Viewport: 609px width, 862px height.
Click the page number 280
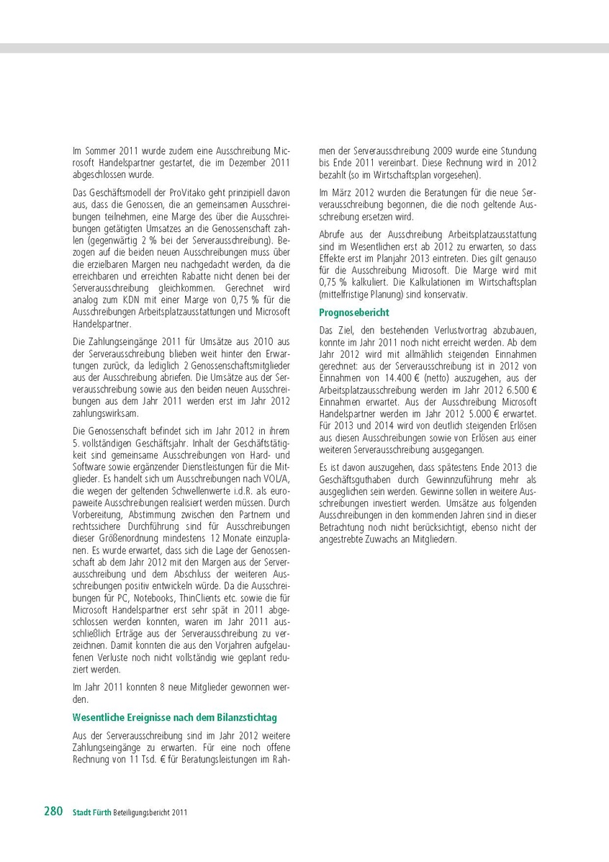click(x=53, y=811)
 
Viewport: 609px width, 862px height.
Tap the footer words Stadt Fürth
click(x=91, y=812)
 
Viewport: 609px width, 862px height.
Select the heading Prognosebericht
click(x=354, y=313)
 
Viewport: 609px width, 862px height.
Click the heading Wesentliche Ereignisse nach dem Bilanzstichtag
click(x=174, y=717)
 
